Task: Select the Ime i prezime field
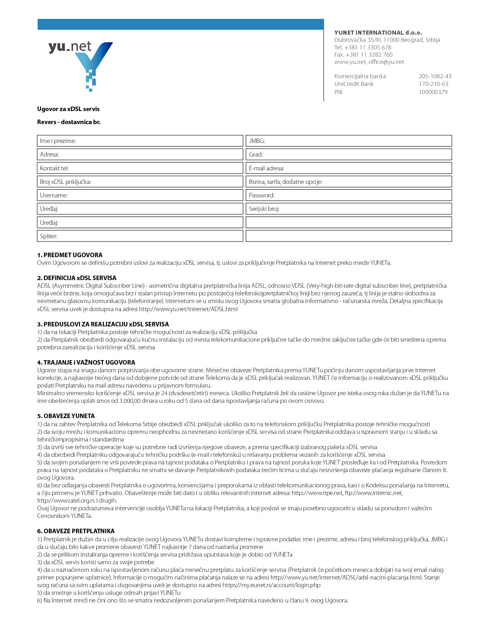[140, 141]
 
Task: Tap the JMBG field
[349, 141]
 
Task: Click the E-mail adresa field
[349, 168]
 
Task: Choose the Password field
[349, 195]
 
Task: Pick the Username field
[140, 195]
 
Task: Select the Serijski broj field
[349, 209]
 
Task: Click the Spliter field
[140, 236]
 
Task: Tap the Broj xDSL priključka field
[140, 182]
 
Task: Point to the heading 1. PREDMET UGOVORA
[70, 255]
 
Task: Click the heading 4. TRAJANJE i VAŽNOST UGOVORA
[86, 362]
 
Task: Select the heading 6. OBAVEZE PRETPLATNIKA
[76, 531]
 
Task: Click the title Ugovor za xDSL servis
[68, 109]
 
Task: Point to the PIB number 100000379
[433, 92]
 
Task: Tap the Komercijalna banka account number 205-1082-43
[435, 76]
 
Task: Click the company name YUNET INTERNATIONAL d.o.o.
[378, 33]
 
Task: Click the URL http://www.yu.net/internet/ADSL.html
[188, 309]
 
